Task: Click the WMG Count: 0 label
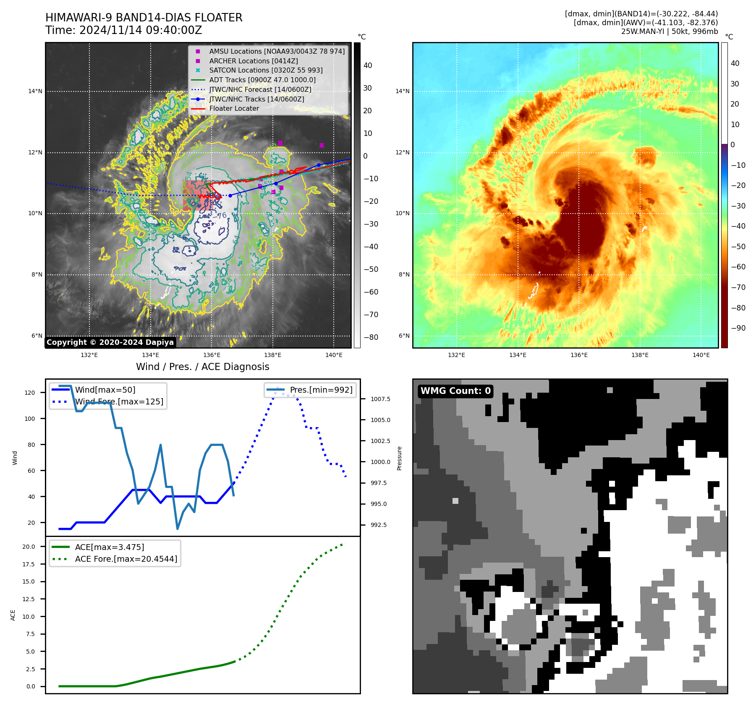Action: pyautogui.click(x=455, y=391)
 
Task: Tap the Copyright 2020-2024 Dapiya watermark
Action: pyautogui.click(x=110, y=342)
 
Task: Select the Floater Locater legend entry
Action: pyautogui.click(x=234, y=109)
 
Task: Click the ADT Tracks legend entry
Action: pyautogui.click(x=262, y=80)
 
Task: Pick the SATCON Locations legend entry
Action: pyautogui.click(x=266, y=70)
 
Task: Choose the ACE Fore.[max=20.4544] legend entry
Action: pyautogui.click(x=126, y=559)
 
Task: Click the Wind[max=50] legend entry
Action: pyautogui.click(x=105, y=390)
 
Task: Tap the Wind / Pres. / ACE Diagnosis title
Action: pyautogui.click(x=203, y=367)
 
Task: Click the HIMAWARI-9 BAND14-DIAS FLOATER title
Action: pyautogui.click(x=144, y=18)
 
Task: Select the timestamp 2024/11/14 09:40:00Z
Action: pyautogui.click(x=141, y=30)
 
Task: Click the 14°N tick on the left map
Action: pyautogui.click(x=35, y=91)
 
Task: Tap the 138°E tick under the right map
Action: pyautogui.click(x=640, y=355)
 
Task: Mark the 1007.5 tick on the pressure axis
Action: pyautogui.click(x=380, y=399)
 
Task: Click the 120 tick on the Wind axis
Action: pyautogui.click(x=30, y=393)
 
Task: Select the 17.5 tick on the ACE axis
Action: pyautogui.click(x=29, y=564)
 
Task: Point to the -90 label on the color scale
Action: pyautogui.click(x=738, y=328)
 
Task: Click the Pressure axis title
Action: pyautogui.click(x=400, y=458)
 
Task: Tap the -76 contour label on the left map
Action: pyautogui.click(x=221, y=216)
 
